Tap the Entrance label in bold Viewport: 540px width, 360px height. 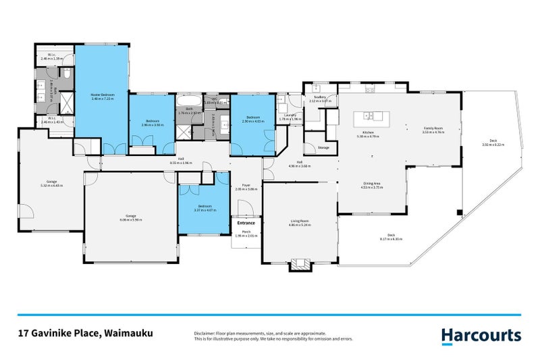(246, 222)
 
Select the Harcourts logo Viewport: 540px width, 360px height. (481, 335)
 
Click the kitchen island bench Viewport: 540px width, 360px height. (372, 117)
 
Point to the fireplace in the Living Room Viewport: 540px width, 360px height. (299, 265)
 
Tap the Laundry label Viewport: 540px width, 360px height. (288, 117)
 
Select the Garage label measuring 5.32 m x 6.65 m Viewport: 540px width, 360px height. (51, 182)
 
